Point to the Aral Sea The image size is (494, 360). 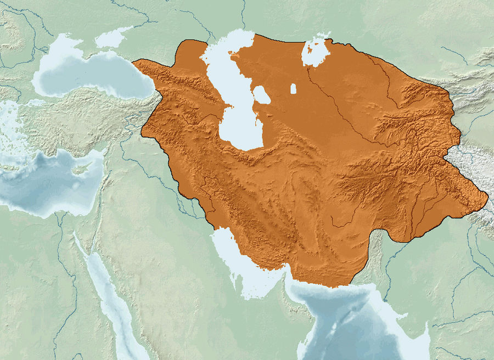coord(316,52)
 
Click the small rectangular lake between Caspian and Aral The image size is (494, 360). coord(293,88)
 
